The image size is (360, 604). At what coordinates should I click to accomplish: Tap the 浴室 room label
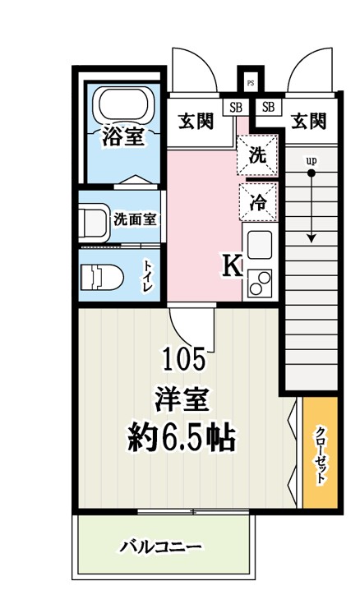[x=123, y=136]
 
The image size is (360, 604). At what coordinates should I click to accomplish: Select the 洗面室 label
[x=136, y=219]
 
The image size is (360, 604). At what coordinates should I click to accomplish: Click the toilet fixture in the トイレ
[x=101, y=277]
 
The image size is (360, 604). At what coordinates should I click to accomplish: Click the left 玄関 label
[x=196, y=122]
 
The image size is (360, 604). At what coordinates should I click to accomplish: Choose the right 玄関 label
[x=307, y=122]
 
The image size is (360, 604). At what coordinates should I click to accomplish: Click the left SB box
[x=235, y=107]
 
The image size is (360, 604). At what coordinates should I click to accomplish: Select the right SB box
[x=267, y=107]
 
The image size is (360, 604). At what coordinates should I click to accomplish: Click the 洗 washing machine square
[x=257, y=156]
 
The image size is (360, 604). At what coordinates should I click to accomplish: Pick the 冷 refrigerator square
[x=257, y=202]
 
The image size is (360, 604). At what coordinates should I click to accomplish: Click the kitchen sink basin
[x=260, y=246]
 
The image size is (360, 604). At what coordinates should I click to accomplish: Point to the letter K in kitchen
[x=231, y=265]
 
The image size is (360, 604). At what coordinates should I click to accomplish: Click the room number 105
[x=185, y=358]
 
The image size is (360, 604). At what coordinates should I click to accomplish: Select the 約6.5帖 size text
[x=182, y=439]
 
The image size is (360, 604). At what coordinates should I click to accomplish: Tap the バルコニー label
[x=160, y=546]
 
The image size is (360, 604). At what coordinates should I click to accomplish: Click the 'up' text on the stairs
[x=312, y=161]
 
